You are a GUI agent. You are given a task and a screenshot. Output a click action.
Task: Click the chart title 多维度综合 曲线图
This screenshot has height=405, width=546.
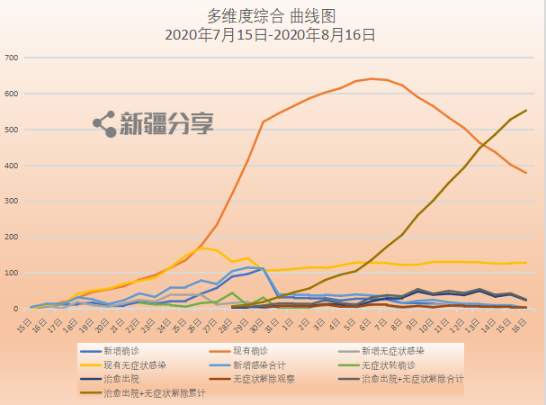[273, 16]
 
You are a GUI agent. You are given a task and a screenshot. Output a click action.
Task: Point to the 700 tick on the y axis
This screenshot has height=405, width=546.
[12, 58]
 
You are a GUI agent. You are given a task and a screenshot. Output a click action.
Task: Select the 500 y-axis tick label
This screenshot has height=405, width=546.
[12, 130]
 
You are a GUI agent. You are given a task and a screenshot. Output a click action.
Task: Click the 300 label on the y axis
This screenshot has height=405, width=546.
[12, 202]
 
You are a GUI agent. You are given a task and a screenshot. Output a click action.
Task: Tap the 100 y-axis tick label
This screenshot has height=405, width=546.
[12, 274]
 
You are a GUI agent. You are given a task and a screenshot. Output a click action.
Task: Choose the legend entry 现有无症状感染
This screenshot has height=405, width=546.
[133, 364]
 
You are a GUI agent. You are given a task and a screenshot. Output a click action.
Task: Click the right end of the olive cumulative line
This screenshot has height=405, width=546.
[526, 111]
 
